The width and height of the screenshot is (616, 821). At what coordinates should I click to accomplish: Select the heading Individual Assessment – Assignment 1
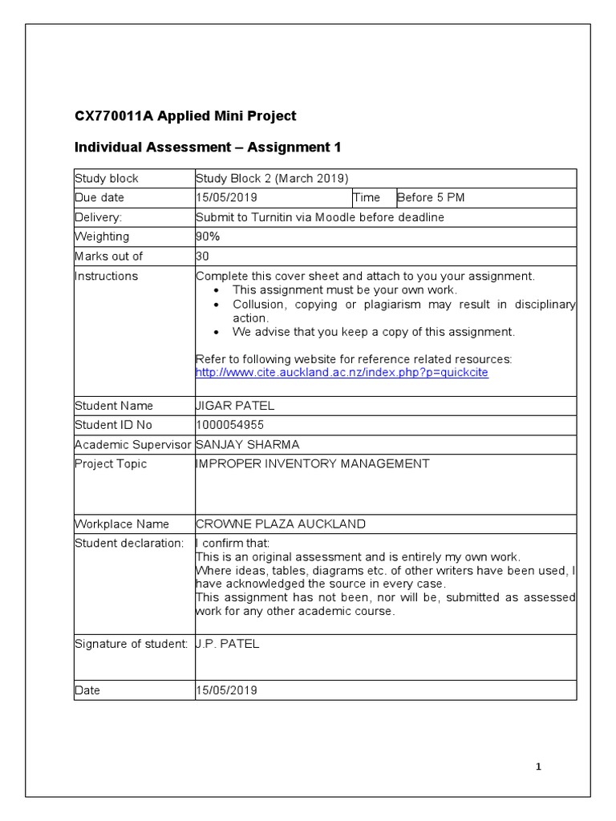pos(208,148)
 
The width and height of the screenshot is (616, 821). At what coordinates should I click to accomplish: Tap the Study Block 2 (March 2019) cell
pos(273,178)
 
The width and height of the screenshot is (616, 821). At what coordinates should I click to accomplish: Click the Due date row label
pos(99,198)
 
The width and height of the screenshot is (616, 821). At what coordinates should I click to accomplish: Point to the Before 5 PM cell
pos(431,198)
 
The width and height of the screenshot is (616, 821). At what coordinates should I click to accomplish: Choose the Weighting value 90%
pos(208,237)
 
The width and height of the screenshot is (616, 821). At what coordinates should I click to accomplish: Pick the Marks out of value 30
pos(202,257)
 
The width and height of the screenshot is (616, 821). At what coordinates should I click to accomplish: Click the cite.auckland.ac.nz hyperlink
pos(342,373)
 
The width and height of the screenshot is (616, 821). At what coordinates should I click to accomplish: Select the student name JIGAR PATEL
pos(235,406)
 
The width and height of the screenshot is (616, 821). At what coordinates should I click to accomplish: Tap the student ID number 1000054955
pos(229,425)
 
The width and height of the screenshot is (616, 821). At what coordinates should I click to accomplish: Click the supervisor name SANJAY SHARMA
pos(246,444)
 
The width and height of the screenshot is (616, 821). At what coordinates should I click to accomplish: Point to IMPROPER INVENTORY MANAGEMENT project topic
pos(312,463)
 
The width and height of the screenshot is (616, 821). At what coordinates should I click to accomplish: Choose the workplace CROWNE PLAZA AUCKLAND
pos(281,524)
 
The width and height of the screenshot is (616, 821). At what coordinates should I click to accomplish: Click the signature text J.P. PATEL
pos(227,644)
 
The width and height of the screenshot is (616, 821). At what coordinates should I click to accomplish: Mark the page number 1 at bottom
pos(539,767)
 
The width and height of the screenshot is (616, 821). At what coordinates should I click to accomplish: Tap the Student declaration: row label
pos(128,544)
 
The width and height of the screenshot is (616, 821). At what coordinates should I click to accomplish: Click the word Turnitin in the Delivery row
pos(271,217)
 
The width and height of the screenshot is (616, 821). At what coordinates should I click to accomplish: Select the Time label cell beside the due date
pos(367,198)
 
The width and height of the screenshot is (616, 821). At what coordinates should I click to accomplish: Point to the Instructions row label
pos(106,276)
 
